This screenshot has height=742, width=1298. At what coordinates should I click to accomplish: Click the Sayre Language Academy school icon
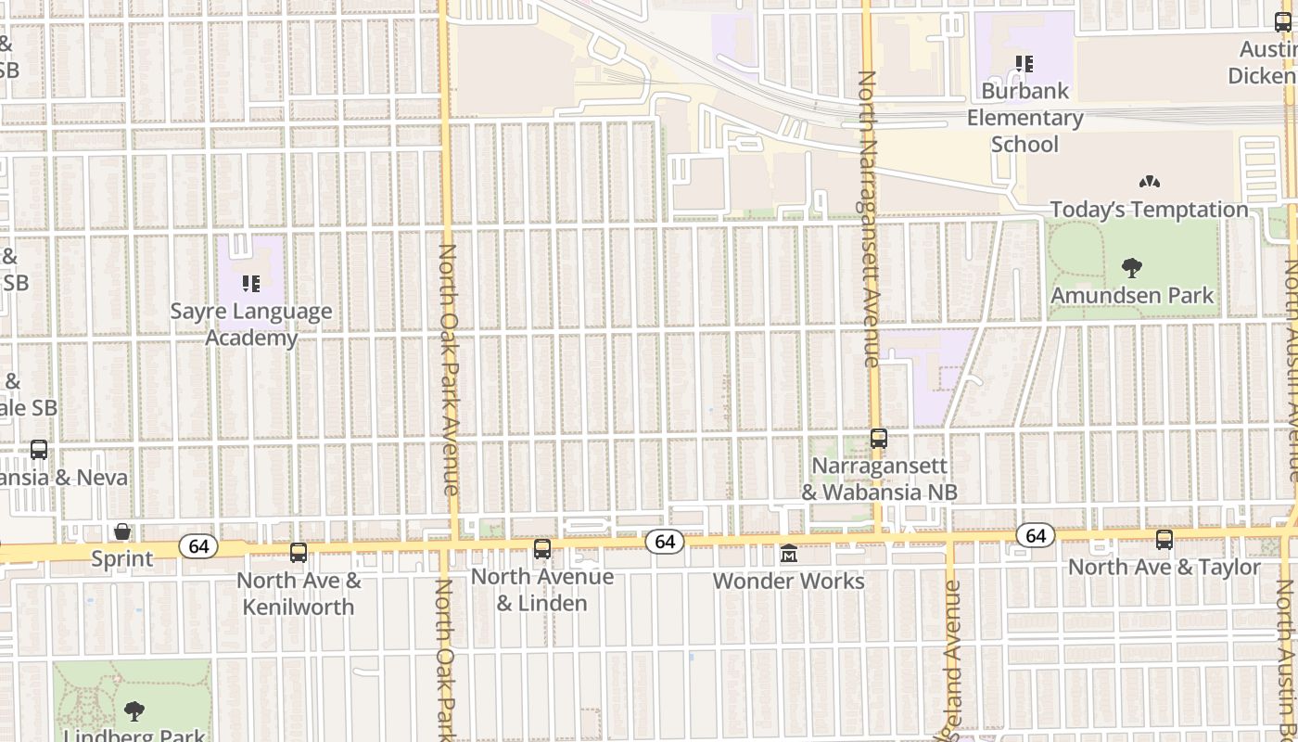[250, 283]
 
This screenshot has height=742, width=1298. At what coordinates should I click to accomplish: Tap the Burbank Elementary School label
[1024, 118]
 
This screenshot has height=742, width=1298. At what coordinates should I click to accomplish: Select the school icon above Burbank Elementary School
[1024, 64]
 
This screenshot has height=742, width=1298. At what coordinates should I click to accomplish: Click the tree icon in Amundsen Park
[1131, 269]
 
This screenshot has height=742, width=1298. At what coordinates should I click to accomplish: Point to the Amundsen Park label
[1132, 296]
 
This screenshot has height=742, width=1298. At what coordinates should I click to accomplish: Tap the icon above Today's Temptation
[1149, 183]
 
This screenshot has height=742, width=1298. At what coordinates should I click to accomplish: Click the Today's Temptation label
[1149, 210]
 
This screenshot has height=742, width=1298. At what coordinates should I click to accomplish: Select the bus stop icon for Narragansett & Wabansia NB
[879, 439]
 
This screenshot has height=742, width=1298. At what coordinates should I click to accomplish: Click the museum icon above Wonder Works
[789, 554]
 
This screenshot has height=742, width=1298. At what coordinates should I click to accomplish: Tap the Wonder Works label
[789, 582]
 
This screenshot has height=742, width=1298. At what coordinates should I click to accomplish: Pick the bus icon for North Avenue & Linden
[542, 549]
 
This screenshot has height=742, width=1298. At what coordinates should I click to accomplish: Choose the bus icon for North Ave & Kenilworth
[299, 553]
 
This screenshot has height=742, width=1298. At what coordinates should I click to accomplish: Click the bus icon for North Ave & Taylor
[1164, 540]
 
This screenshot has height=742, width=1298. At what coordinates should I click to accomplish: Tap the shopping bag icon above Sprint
[121, 531]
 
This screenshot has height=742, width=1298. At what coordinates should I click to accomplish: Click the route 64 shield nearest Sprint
[198, 546]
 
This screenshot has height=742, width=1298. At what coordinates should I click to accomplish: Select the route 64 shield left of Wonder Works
[664, 542]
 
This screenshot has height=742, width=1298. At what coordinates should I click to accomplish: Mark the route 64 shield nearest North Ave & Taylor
[1036, 535]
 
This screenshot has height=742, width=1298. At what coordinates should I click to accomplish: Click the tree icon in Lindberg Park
[134, 712]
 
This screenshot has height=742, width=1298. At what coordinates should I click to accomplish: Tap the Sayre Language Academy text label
[250, 325]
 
